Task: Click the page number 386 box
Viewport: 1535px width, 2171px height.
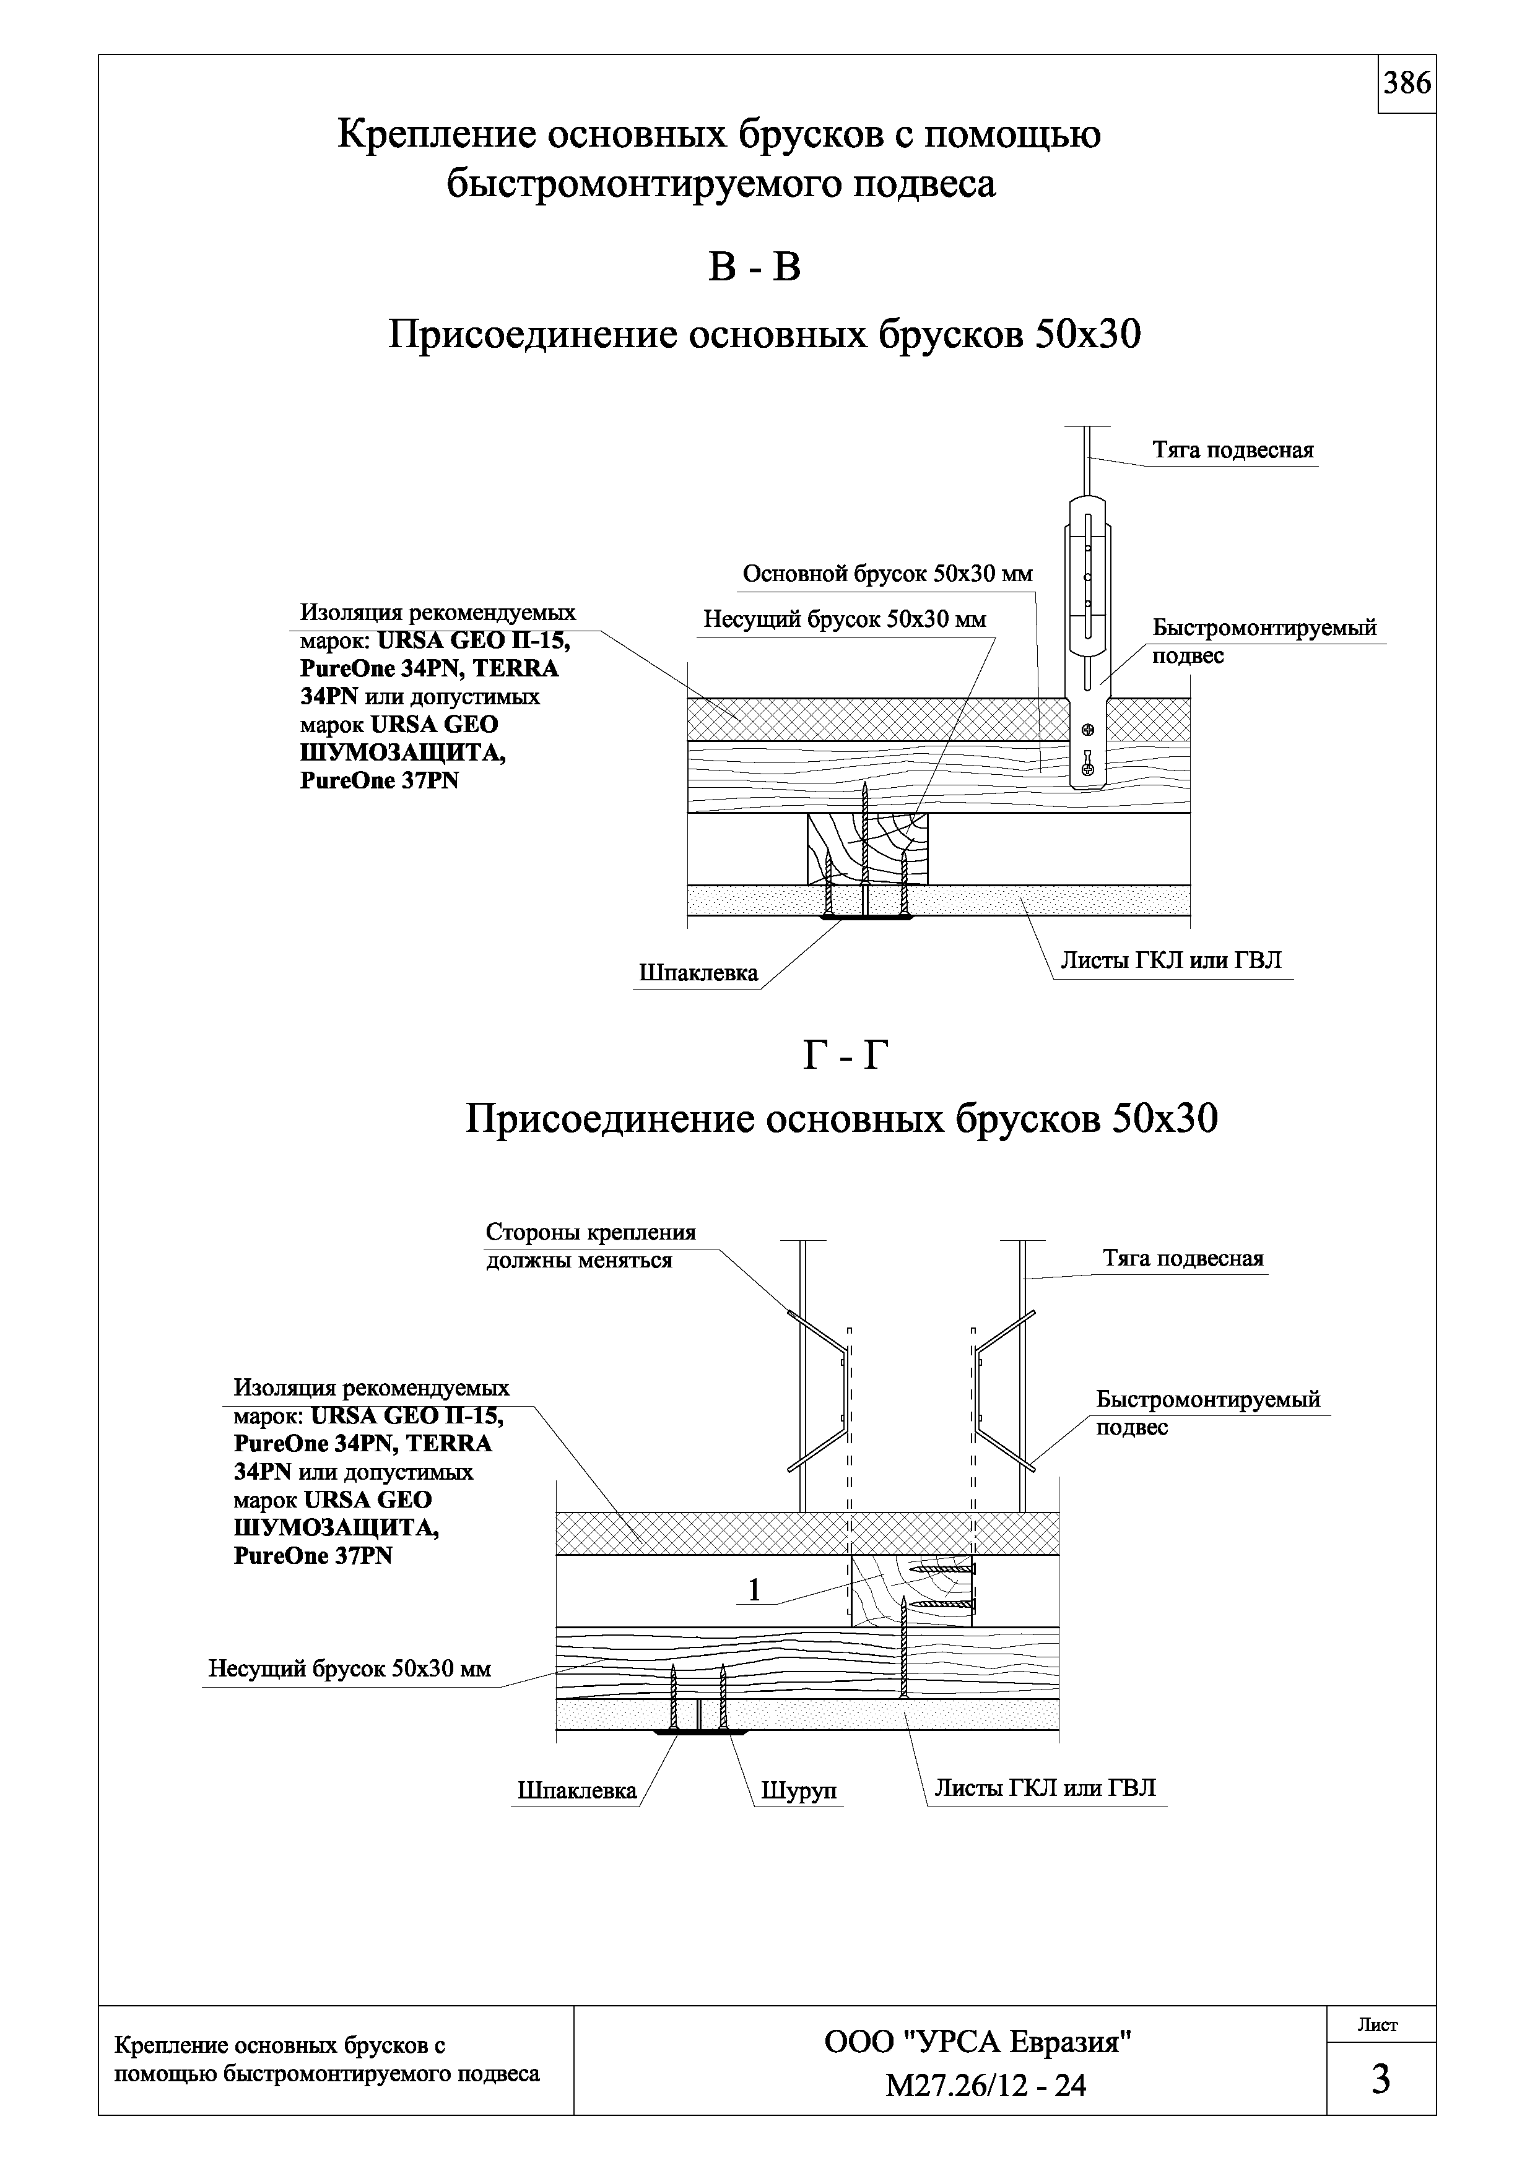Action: point(1406,84)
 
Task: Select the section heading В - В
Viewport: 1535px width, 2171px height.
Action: point(754,267)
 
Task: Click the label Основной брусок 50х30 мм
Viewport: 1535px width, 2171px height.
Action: point(887,574)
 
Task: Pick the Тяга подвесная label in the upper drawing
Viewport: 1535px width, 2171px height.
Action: point(1232,450)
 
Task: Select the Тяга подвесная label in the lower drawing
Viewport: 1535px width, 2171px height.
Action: point(1182,1259)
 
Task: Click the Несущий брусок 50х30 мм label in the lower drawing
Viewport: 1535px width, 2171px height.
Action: point(349,1669)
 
